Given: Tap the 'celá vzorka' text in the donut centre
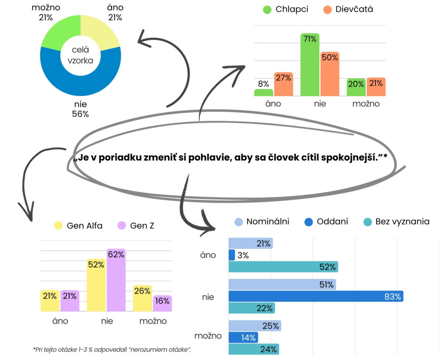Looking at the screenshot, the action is click(x=80, y=55).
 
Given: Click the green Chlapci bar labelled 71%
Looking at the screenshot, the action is click(x=309, y=65).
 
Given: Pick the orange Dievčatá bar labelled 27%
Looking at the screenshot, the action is click(x=283, y=84).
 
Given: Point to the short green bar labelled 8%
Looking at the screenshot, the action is click(x=264, y=92).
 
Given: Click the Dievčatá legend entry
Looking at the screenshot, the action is click(x=348, y=10).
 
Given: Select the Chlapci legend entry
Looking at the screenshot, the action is click(x=286, y=10).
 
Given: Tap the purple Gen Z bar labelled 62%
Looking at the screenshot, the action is click(x=116, y=280).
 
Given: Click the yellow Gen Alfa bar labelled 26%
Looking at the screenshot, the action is click(x=143, y=298).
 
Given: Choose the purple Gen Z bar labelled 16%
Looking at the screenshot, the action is click(x=163, y=303).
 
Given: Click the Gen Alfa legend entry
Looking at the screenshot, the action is click(x=78, y=225).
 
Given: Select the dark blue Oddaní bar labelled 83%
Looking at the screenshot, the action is click(x=316, y=297).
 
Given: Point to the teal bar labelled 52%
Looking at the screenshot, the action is click(x=283, y=267).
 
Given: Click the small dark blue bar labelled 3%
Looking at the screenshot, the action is click(x=232, y=255).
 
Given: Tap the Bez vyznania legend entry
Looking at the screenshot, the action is click(x=396, y=221).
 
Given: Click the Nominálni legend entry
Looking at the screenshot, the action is click(x=262, y=221).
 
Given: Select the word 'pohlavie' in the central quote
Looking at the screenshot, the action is click(x=209, y=158).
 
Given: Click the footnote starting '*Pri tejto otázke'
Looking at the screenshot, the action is click(x=112, y=350).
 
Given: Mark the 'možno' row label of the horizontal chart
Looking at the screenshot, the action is click(x=208, y=336).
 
